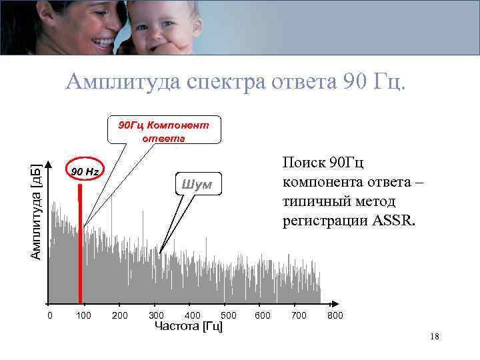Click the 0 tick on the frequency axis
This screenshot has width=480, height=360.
49,315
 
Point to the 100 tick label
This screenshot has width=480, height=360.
83,315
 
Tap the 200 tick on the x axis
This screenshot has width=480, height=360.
120,315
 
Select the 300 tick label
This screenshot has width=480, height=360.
156,315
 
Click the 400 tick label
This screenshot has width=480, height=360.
192,315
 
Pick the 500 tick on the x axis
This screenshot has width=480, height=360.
229,315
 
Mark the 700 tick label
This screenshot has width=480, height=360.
299,315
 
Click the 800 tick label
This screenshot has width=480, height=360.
335,315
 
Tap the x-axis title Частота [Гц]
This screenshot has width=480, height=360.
189,326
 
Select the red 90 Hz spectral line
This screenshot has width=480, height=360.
79,253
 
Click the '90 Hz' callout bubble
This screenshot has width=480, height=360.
85,171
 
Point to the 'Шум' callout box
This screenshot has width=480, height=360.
198,185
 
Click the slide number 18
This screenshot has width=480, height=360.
435,337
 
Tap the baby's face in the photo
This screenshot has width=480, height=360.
153,28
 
